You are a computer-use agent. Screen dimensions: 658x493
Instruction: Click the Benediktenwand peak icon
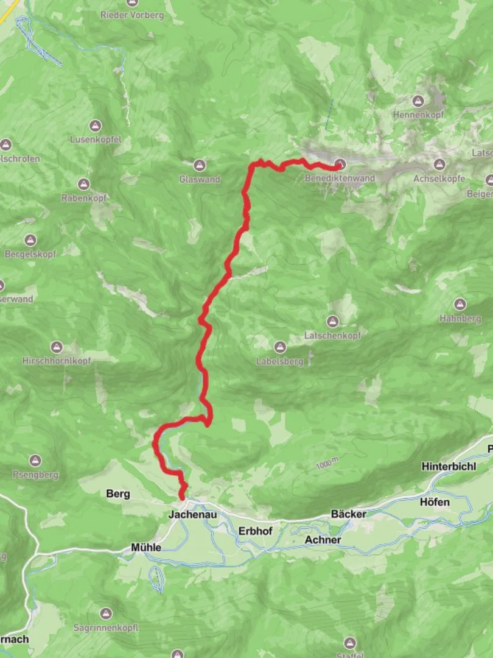(x=340, y=164)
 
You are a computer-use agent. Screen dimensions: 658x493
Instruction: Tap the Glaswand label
(x=200, y=179)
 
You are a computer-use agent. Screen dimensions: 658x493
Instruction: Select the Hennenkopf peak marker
(x=418, y=101)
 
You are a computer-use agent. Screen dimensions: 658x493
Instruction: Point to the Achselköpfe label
(x=439, y=179)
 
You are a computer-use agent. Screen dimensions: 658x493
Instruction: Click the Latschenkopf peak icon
(x=332, y=321)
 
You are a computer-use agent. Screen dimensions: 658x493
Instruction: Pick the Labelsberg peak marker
(x=280, y=347)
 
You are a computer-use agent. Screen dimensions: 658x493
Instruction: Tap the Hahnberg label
(x=460, y=318)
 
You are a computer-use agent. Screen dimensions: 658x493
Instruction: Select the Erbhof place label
(x=255, y=531)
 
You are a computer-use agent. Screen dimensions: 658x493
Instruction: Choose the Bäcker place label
(x=349, y=514)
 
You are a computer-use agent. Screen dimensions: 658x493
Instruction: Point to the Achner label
(x=323, y=540)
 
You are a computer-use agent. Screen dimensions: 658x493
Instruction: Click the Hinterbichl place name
(x=449, y=466)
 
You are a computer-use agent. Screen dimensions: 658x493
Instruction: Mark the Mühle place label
(x=146, y=548)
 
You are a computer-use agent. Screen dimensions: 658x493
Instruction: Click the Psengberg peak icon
(x=35, y=460)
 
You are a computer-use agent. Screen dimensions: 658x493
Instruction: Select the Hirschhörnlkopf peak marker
(x=57, y=347)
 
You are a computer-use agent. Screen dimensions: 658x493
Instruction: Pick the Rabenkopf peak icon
(x=84, y=184)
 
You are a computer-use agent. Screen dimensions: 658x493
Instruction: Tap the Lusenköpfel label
(x=95, y=140)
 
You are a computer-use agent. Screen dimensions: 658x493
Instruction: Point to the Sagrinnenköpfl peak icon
(x=107, y=613)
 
